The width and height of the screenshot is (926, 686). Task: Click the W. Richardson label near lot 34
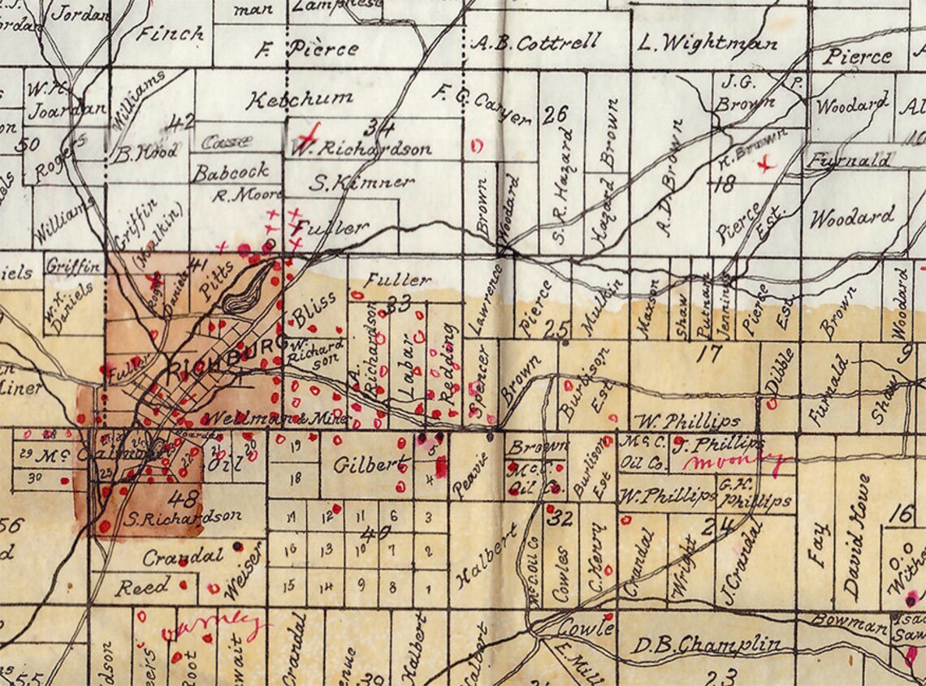tap(361, 149)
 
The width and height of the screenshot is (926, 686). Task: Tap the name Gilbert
tap(370, 466)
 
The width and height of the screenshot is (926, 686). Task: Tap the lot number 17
tap(708, 353)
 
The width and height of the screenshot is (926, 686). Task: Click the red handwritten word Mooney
tap(735, 464)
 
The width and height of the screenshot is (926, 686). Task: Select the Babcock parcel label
tap(230, 172)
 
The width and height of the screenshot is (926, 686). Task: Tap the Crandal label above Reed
tap(182, 558)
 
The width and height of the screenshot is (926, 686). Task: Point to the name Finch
tap(171, 34)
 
